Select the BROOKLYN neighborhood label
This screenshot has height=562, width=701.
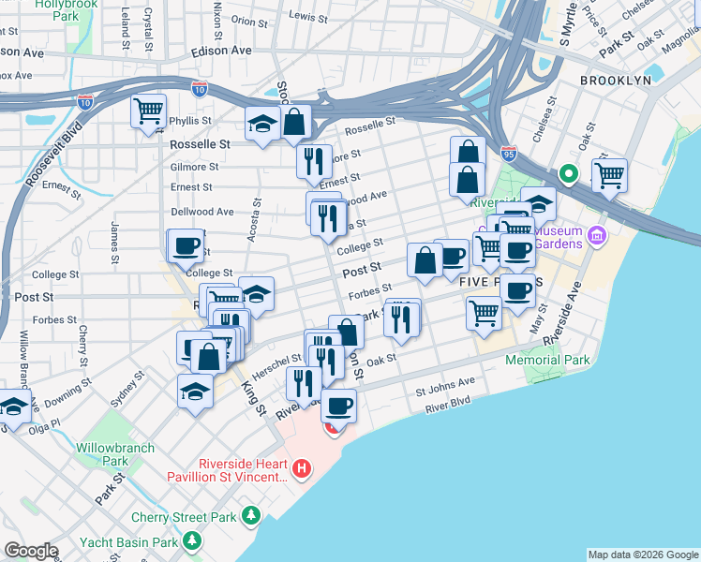(615, 81)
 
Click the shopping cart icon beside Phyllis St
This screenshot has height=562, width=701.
(148, 111)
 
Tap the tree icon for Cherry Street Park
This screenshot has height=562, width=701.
(251, 516)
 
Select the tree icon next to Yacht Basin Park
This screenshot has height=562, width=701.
(191, 541)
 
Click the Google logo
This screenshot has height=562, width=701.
(31, 551)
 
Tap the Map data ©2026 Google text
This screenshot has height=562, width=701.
(642, 555)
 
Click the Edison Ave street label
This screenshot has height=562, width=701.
(221, 50)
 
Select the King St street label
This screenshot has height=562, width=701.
(254, 400)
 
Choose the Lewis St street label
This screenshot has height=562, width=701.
(307, 16)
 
